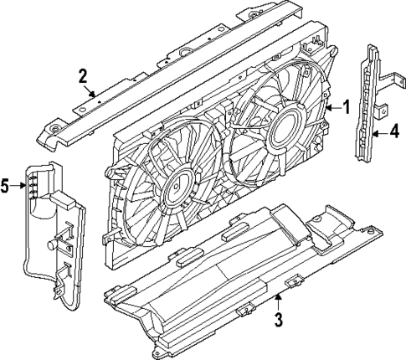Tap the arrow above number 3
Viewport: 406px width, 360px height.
[279, 297]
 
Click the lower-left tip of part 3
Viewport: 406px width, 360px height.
[106, 294]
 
